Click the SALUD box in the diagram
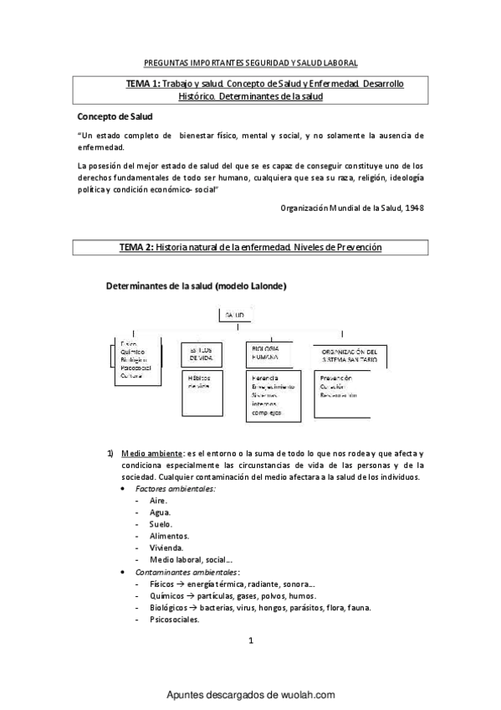pos(234,315)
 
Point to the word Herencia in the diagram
pos(265,378)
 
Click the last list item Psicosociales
pos(175,620)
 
